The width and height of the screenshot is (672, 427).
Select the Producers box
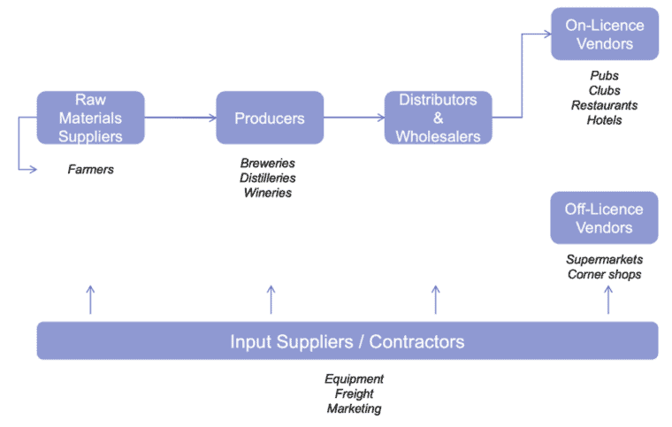tap(270, 118)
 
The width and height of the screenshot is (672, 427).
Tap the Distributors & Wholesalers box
tap(438, 118)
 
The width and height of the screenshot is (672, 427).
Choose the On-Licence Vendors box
tap(604, 34)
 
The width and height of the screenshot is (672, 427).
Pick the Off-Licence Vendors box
tap(604, 217)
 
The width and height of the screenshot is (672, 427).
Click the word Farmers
tap(91, 168)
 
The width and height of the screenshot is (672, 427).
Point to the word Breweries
tap(268, 164)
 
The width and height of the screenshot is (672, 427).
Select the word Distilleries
tap(268, 178)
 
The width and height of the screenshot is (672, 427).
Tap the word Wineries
tap(268, 193)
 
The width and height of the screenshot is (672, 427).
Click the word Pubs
tap(604, 76)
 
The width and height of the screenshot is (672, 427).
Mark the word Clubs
tap(604, 90)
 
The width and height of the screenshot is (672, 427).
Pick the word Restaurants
tap(604, 105)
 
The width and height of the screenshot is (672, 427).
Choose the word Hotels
tap(604, 119)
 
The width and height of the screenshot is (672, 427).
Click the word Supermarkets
tap(604, 260)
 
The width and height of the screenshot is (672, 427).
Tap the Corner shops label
tap(604, 274)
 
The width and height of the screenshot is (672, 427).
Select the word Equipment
tap(354, 379)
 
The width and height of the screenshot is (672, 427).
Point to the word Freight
tap(354, 393)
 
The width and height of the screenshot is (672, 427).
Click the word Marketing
tap(354, 408)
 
